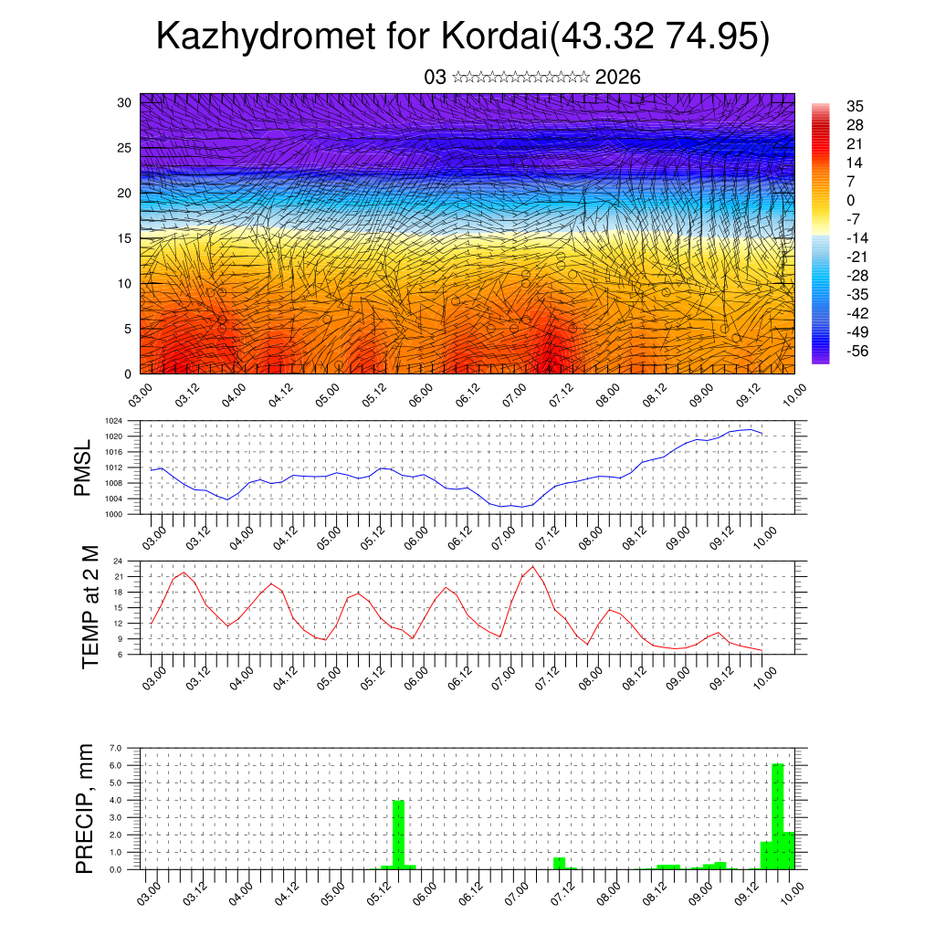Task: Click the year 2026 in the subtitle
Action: click(x=617, y=78)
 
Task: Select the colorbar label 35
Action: click(x=856, y=107)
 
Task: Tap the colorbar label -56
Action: click(x=857, y=351)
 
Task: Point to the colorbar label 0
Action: click(x=851, y=200)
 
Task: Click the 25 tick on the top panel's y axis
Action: click(x=125, y=148)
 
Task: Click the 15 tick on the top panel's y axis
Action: click(x=125, y=238)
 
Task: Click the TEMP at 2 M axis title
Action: click(x=89, y=606)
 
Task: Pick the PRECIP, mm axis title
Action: click(x=85, y=808)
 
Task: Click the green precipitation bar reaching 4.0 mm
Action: click(x=398, y=834)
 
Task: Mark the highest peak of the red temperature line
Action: click(x=532, y=567)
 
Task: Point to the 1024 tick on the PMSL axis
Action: click(x=114, y=421)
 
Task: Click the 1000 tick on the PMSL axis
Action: click(x=114, y=514)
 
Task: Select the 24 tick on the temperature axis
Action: click(x=118, y=561)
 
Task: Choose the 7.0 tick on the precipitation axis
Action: click(x=115, y=748)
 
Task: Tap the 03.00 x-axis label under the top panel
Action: click(x=139, y=396)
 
